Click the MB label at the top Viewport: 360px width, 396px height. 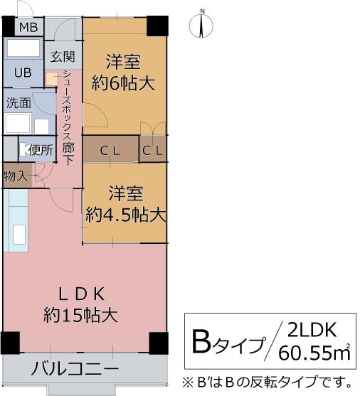28,28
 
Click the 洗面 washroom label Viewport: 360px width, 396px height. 18,102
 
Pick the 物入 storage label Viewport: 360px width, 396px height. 15,176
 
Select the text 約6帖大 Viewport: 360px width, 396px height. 124,83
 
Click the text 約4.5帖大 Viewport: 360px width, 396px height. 126,213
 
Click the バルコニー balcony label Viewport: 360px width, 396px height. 75,369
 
